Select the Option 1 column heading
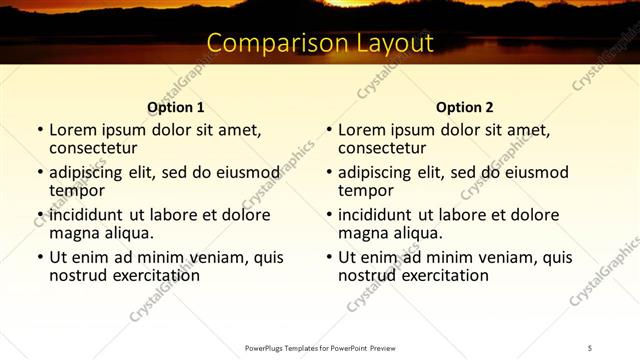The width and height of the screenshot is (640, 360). click(x=176, y=107)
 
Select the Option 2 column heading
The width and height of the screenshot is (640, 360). click(x=465, y=107)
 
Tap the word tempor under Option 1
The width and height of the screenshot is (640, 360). click(x=77, y=190)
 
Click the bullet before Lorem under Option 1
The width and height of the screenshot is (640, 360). click(x=39, y=130)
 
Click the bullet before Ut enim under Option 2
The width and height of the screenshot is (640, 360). click(x=328, y=257)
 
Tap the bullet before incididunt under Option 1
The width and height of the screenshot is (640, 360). click(x=39, y=215)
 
